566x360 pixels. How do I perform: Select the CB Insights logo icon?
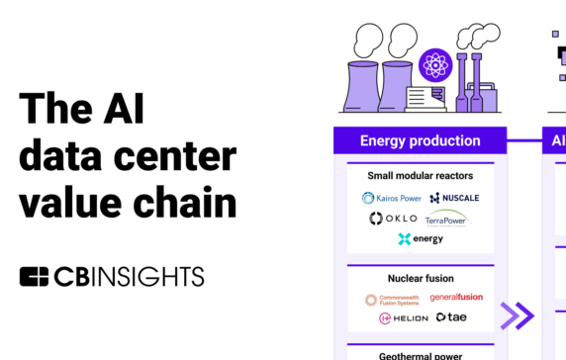click(34, 276)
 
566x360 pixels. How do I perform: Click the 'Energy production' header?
click(420, 140)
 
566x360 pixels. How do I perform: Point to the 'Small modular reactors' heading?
click(420, 176)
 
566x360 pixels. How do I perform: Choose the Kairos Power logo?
click(392, 198)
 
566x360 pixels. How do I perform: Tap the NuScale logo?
click(455, 198)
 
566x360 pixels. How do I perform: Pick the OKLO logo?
click(394, 218)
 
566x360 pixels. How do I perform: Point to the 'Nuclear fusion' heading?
click(420, 278)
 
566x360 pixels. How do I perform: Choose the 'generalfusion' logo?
click(456, 298)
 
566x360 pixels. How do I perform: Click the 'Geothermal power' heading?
click(420, 354)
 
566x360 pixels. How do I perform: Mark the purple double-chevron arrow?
click(518, 316)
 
